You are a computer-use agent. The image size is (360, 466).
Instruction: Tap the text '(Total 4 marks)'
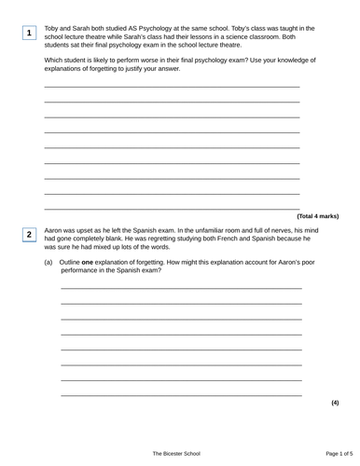click(317, 215)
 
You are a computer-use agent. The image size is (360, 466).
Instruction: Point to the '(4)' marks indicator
click(334, 403)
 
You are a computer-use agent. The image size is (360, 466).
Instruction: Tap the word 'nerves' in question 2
click(279, 229)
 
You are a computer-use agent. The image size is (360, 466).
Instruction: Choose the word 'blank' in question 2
click(117, 239)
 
